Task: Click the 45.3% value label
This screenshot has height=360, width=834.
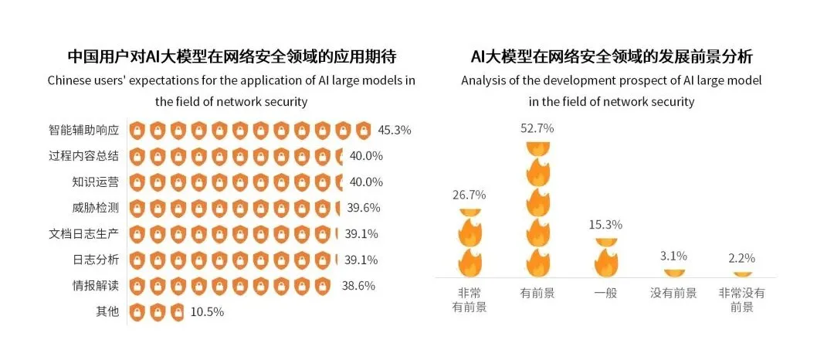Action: click(x=395, y=130)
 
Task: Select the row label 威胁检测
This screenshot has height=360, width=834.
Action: click(x=95, y=207)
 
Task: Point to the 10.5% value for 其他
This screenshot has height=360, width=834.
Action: click(x=207, y=312)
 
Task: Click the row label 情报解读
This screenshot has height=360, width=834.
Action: click(x=95, y=286)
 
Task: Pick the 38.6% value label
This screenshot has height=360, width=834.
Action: click(x=358, y=286)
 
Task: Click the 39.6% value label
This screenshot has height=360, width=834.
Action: click(x=364, y=207)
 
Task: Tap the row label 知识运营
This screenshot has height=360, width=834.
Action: click(x=95, y=182)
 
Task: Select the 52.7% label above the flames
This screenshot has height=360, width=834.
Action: click(x=538, y=129)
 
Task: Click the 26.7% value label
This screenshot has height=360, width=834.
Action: click(x=469, y=195)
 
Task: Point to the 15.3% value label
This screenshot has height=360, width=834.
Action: click(x=606, y=225)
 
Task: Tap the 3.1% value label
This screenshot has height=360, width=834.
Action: click(x=673, y=256)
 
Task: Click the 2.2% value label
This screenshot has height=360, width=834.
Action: click(x=741, y=258)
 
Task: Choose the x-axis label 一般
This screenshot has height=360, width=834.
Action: click(x=606, y=294)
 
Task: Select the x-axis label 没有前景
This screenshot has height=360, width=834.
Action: click(x=673, y=294)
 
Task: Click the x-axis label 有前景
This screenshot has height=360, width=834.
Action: click(x=538, y=294)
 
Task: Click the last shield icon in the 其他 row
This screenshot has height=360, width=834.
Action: click(x=178, y=312)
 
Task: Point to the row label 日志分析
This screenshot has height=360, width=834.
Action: click(x=95, y=260)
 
